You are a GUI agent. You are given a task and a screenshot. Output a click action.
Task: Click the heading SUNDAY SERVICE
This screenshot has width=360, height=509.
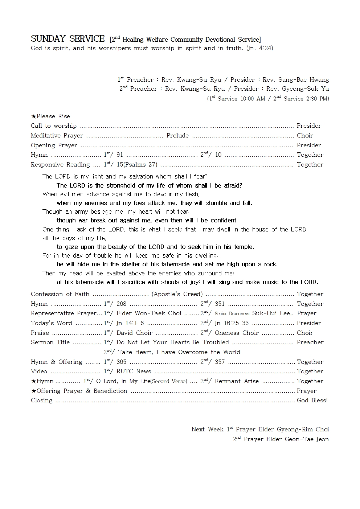[x=67, y=39]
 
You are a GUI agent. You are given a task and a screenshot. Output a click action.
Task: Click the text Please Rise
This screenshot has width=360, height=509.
[x=53, y=116]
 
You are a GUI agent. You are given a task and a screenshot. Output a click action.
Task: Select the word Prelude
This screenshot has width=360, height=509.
[x=177, y=136]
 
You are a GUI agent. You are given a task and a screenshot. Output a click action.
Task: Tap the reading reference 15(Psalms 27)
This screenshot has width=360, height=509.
[x=137, y=165]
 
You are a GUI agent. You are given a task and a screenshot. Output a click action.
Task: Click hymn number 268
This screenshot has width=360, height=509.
[x=121, y=304]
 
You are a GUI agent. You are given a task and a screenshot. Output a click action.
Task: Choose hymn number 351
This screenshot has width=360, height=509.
[x=220, y=304]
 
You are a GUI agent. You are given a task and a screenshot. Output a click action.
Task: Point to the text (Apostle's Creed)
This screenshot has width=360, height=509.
[x=177, y=294]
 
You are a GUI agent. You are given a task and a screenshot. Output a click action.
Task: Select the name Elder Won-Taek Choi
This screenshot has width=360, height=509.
[x=149, y=313]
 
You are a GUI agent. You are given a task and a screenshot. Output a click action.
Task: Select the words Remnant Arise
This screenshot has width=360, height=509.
[x=237, y=381]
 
